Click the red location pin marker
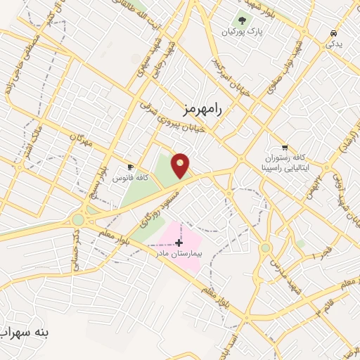[x=181, y=166]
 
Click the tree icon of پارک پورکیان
[x=243, y=21]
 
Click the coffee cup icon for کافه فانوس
[x=130, y=167]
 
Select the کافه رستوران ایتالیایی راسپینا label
[x=285, y=164]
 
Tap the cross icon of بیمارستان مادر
[x=179, y=242]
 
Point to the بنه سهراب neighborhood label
[x=25, y=331]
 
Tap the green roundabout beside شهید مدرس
[x=265, y=247]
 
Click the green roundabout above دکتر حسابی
[x=77, y=219]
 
